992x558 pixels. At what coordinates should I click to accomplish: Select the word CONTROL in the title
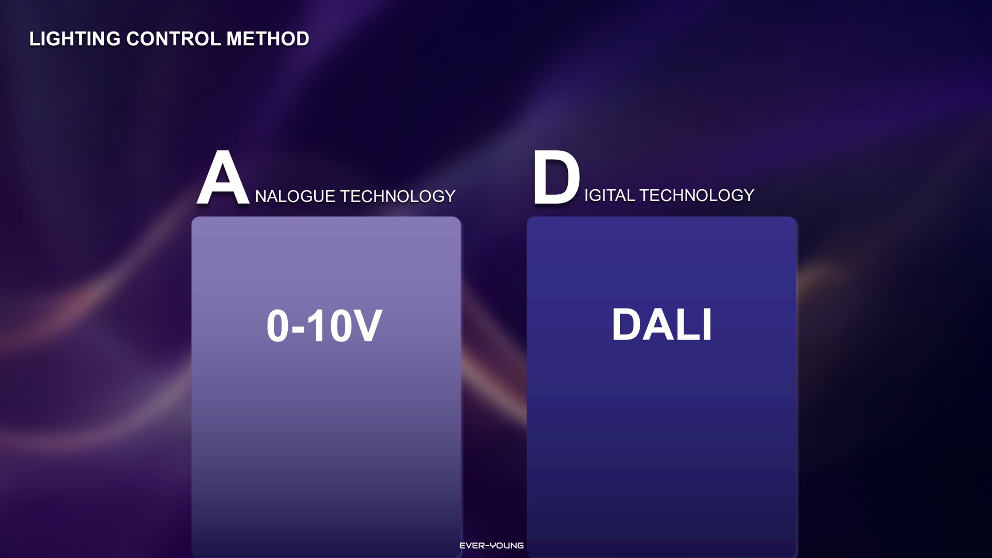point(174,39)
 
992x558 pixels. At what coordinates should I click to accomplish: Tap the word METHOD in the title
point(268,39)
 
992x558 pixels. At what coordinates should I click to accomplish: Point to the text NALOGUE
point(296,196)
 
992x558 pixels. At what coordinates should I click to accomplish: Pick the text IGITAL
point(610,195)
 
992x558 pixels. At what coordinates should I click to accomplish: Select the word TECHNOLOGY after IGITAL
point(697,195)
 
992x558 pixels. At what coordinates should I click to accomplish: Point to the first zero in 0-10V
point(278,326)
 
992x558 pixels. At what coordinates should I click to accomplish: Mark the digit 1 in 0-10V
point(315,326)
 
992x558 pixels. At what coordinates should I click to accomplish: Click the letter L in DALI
point(688,324)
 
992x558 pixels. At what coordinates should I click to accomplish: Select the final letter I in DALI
point(708,324)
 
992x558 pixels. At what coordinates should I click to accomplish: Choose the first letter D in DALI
point(627,324)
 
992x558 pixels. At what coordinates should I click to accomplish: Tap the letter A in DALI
point(658,324)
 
